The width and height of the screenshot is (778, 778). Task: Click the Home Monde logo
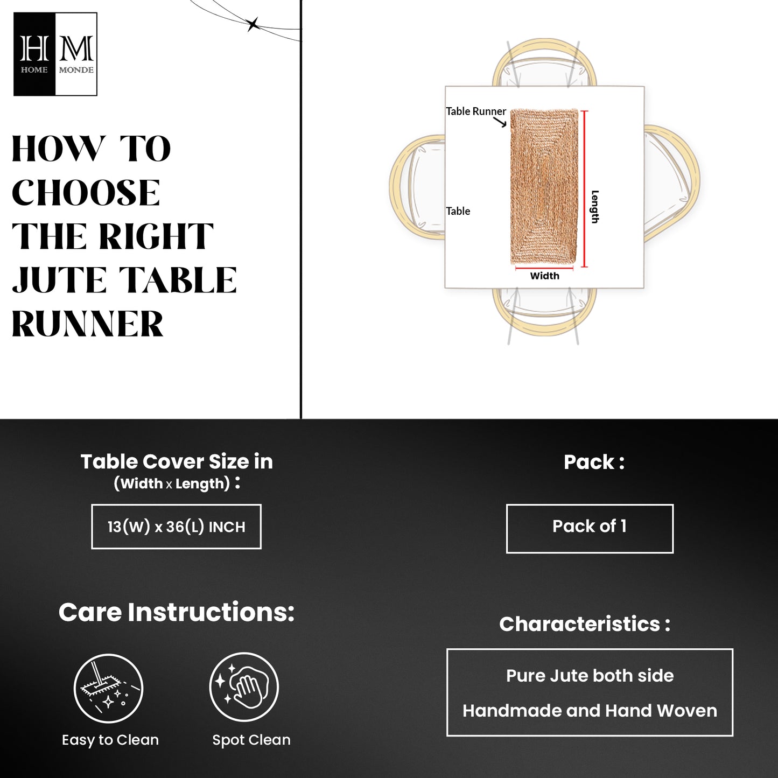(55, 54)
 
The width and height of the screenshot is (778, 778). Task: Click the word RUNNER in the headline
(88, 324)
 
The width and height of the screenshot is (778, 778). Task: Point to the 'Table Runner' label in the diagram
(475, 111)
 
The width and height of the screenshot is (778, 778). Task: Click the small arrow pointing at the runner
(500, 122)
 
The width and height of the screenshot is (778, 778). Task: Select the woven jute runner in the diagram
(544, 186)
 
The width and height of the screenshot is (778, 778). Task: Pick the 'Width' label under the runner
(545, 276)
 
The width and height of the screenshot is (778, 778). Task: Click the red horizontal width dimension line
(544, 268)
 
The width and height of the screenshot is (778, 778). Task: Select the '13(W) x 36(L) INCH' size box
(177, 527)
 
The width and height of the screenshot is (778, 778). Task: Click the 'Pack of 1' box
(590, 529)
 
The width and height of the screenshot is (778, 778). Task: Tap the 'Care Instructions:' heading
(177, 613)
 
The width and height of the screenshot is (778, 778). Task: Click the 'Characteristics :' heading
(585, 624)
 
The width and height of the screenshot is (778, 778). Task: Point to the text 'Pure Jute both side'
(590, 676)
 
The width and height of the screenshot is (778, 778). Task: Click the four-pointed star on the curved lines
(253, 25)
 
